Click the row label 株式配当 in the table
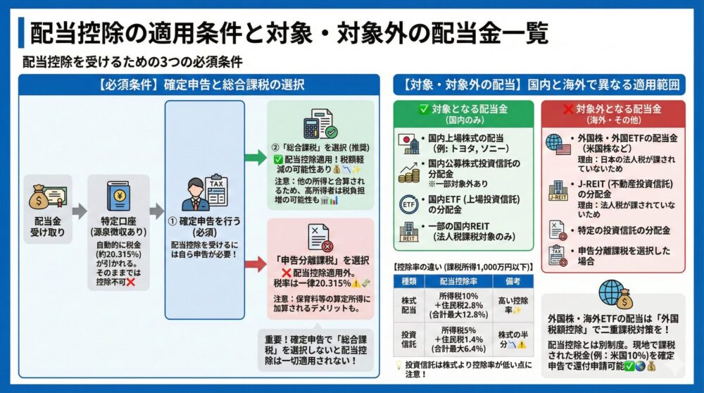click(x=410, y=305)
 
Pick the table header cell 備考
click(x=512, y=280)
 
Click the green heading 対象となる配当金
click(x=465, y=109)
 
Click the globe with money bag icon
click(x=612, y=296)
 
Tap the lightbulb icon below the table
click(x=398, y=363)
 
